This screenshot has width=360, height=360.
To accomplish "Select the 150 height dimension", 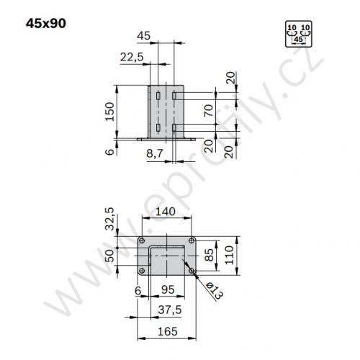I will pos(110,112).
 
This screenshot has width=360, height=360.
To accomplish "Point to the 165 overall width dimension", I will pos(167,331).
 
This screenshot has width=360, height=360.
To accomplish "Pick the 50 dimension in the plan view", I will pos(110,255).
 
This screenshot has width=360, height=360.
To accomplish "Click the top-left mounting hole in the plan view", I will pos(143,240).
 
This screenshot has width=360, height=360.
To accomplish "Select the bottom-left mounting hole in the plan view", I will pos(143,271).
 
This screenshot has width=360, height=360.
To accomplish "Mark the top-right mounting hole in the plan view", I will pos(191,240).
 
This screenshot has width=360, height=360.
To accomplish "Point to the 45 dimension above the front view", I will pos(143,35).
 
